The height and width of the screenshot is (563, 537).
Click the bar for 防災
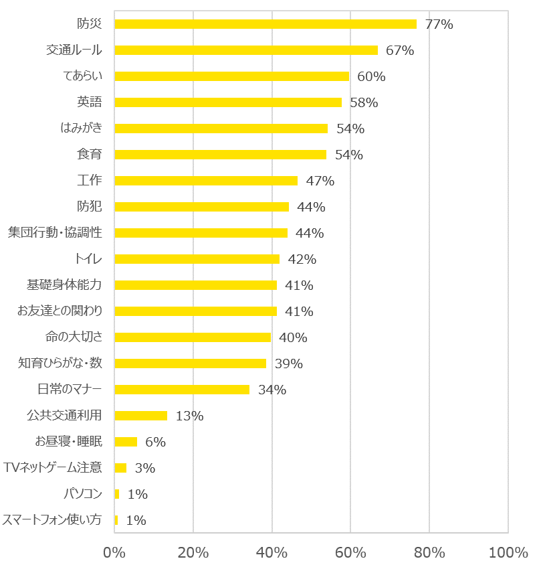coord(265,24)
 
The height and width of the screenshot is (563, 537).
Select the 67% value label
coord(400,50)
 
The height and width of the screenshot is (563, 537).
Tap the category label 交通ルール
coord(74,50)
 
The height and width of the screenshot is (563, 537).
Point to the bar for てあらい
coord(231,76)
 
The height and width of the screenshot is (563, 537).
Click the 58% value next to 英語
coord(364,102)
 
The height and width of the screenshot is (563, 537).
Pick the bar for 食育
coord(220,155)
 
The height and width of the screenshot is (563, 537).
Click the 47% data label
coord(320,181)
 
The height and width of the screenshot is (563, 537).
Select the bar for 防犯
coord(201,207)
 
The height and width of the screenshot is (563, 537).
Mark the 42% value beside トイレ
coord(302,259)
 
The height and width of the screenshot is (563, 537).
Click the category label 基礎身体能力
coord(64,285)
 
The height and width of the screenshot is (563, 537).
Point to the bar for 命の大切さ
coord(193,337)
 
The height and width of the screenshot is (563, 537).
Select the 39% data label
coord(288,364)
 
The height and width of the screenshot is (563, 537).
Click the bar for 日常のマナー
coord(182,390)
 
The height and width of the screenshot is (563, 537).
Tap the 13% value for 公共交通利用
coord(189,416)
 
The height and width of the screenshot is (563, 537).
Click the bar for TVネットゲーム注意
coord(120,468)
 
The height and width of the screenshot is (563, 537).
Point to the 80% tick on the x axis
coord(429,552)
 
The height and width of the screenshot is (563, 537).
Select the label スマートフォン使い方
coord(52,520)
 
